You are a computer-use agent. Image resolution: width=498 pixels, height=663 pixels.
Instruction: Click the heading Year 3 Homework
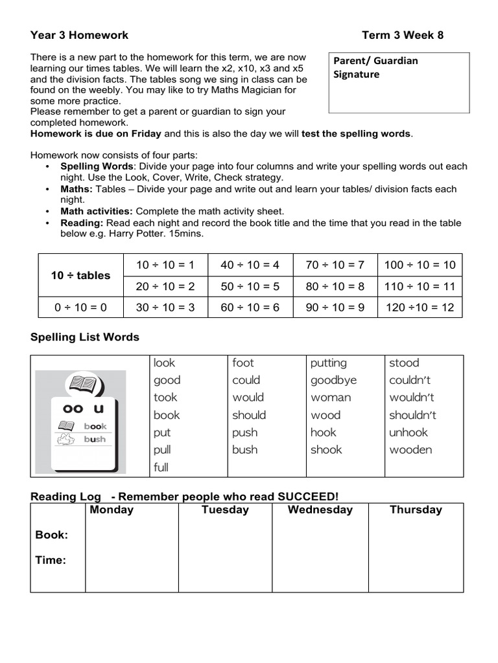coord(79,35)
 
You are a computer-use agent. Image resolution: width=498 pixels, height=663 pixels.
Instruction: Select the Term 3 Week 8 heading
coord(402,35)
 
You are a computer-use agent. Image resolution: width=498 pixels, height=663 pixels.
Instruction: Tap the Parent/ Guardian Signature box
coord(399,83)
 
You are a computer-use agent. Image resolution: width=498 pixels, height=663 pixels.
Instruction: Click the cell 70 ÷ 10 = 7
coord(335,264)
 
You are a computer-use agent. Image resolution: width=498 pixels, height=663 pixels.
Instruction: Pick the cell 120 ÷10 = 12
coord(420,308)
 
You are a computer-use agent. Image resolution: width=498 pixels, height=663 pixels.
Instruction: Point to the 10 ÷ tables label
coord(80,275)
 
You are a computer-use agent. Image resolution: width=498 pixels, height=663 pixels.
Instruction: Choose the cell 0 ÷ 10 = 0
coord(80,308)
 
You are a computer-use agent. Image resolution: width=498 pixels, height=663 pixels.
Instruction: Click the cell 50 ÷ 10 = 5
coord(250,286)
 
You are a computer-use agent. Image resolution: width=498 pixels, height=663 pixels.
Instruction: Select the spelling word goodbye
coord(333,380)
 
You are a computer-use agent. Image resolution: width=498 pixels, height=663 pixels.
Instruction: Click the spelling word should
coord(249,415)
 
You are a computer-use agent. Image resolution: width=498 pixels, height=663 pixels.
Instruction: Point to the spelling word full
coord(161,467)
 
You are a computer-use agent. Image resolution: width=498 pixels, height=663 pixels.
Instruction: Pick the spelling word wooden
coord(410,450)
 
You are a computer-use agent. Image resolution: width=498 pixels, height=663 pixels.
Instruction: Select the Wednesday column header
coord(320,510)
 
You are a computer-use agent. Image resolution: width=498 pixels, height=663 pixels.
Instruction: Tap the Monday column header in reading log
coord(112,510)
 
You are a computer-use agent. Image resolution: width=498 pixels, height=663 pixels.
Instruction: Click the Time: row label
coord(51,560)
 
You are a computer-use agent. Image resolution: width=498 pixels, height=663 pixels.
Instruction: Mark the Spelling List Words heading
coord(85,337)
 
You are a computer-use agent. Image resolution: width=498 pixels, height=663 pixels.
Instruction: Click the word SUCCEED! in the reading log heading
coord(308,496)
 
